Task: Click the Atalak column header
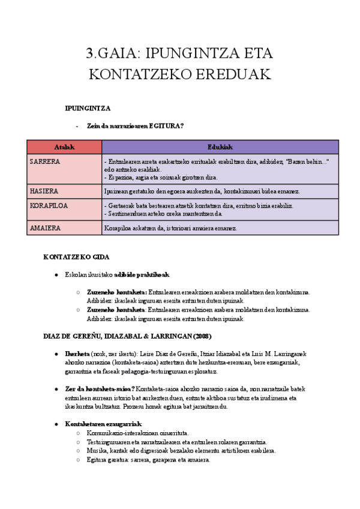(x=64, y=147)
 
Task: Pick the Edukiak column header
(x=220, y=147)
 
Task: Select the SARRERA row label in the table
(x=45, y=161)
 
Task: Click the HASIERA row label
(x=44, y=191)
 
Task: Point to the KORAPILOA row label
(x=49, y=205)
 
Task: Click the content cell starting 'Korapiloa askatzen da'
(x=171, y=228)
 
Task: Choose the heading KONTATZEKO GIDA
(x=76, y=257)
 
